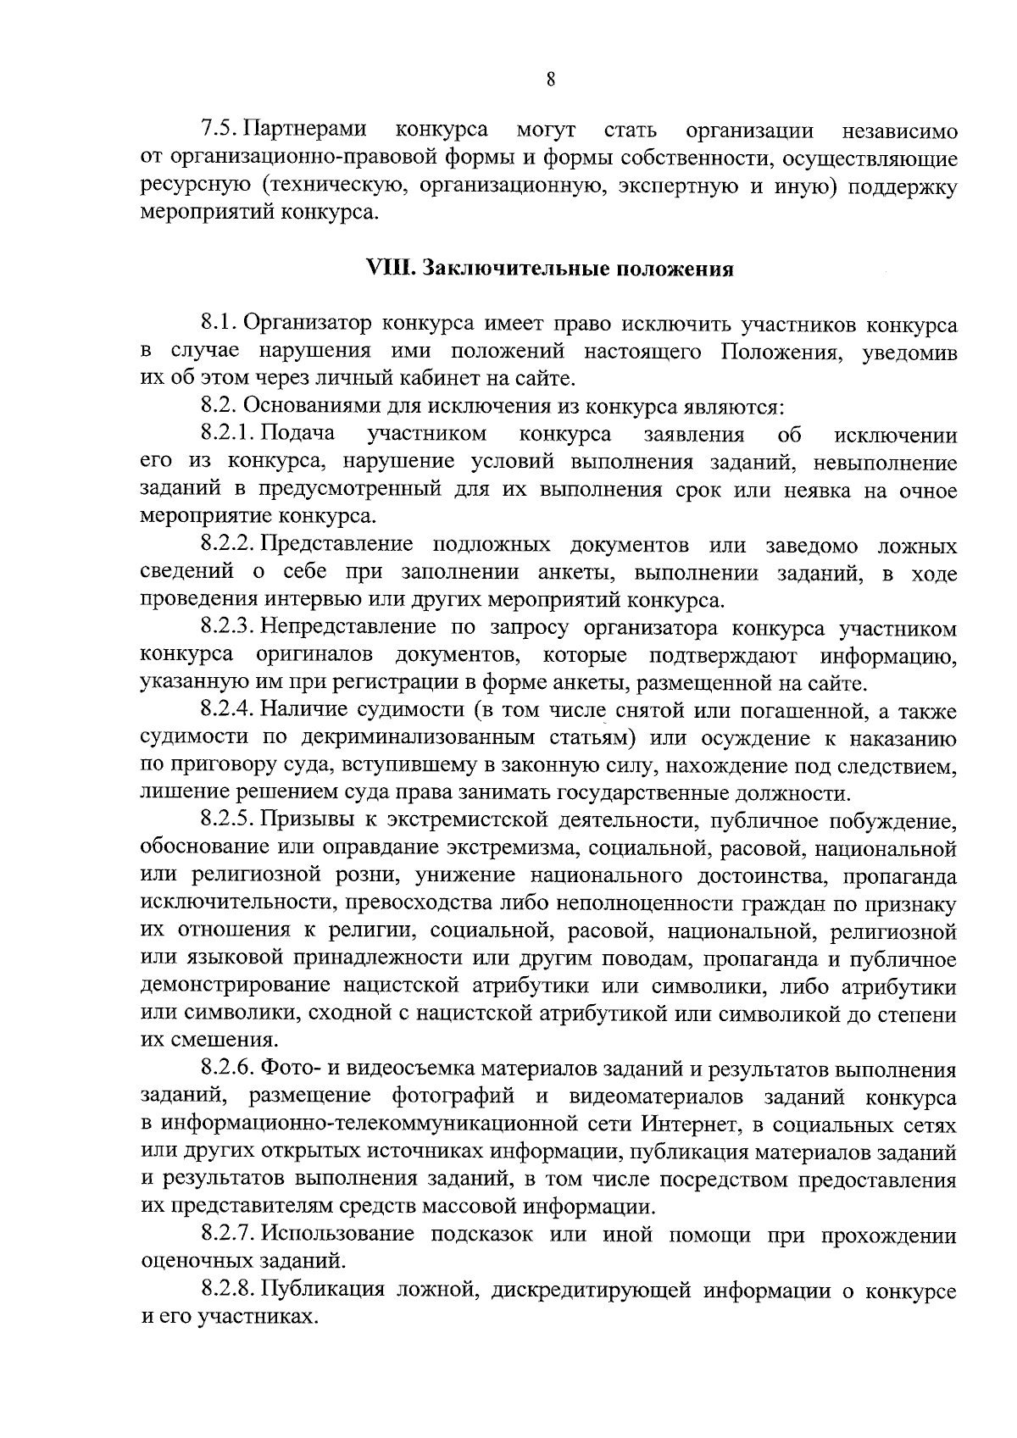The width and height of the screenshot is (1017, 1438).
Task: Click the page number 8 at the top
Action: pos(550,80)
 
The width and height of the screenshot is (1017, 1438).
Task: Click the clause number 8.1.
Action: pos(220,325)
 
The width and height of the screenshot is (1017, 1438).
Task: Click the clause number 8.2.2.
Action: pos(228,546)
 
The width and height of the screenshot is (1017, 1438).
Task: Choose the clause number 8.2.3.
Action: pos(228,628)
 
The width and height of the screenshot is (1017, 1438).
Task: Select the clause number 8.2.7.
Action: pos(228,1235)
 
